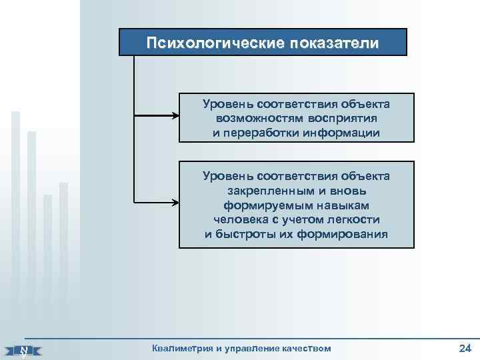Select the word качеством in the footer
304,348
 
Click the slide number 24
465,347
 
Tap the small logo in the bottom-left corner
23,350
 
